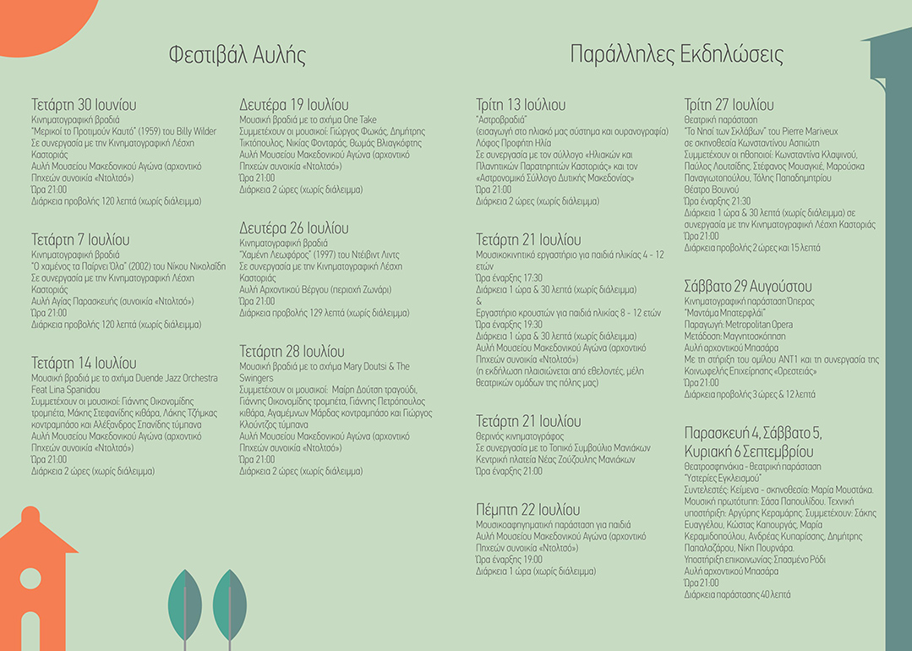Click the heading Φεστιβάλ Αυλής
(x=237, y=56)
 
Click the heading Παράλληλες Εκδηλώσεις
(x=676, y=56)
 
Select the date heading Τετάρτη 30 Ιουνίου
(x=84, y=106)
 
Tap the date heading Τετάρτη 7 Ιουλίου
(x=80, y=240)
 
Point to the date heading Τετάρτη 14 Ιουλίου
(x=84, y=364)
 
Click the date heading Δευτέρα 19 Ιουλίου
(x=293, y=106)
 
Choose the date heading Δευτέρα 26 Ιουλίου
(x=293, y=229)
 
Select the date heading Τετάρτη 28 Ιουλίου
(x=292, y=352)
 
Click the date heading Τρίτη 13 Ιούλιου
(x=521, y=106)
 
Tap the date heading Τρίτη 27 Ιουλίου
(x=729, y=106)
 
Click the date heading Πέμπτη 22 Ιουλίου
(x=527, y=510)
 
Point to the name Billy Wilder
(x=196, y=132)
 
